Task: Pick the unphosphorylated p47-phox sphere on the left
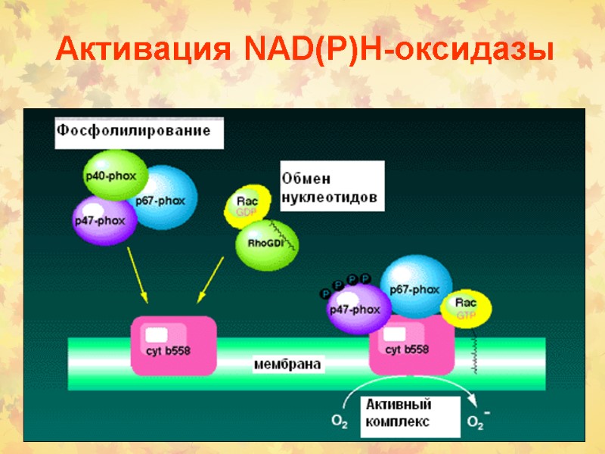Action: [x=104, y=219]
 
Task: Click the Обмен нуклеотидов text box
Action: [x=331, y=187]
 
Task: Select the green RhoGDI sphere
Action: [x=267, y=244]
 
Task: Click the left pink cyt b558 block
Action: [x=174, y=344]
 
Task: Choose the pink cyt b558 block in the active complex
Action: [x=407, y=348]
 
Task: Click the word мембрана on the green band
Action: [x=287, y=364]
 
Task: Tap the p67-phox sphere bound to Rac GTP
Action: [x=414, y=288]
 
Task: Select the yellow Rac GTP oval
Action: [x=466, y=308]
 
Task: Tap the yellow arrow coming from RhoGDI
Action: [x=210, y=280]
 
